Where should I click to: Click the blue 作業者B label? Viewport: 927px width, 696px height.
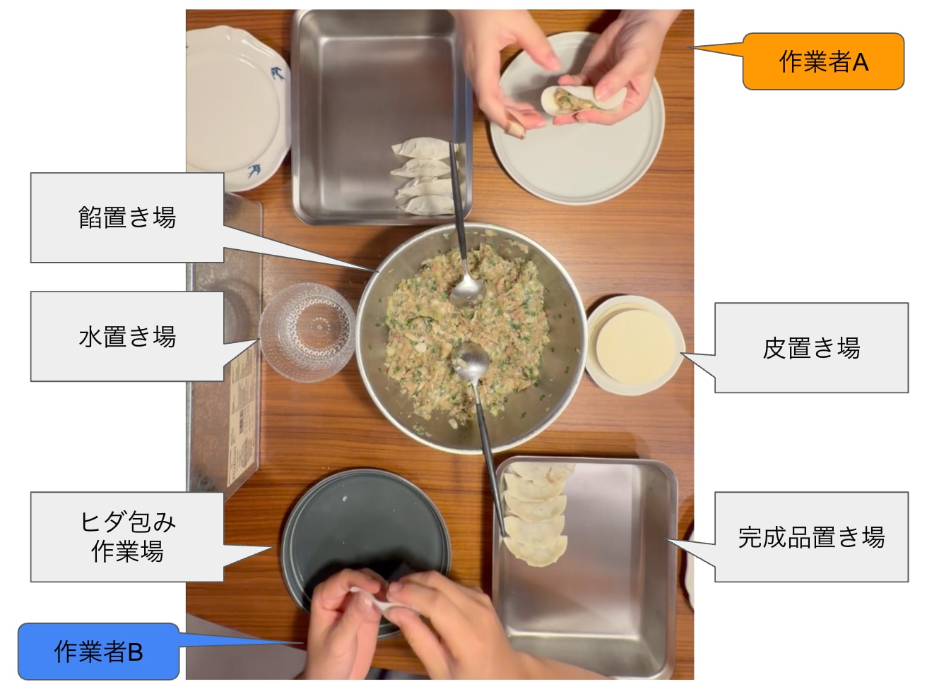(x=98, y=652)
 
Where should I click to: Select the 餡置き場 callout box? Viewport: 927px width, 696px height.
(x=127, y=217)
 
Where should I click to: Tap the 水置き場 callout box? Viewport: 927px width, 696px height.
(x=127, y=336)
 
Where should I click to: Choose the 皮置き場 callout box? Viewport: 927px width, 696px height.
(x=811, y=347)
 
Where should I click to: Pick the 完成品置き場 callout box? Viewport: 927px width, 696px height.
(x=811, y=536)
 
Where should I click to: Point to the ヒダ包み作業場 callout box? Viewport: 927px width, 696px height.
(x=127, y=536)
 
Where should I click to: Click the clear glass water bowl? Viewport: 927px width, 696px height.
(x=307, y=332)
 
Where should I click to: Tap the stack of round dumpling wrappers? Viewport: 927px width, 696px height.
(x=634, y=345)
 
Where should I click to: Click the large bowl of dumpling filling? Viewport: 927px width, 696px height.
(x=471, y=337)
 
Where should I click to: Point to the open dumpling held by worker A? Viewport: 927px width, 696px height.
(x=583, y=100)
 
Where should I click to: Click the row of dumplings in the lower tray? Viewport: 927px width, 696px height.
(x=536, y=514)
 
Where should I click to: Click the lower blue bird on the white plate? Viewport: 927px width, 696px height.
(x=254, y=171)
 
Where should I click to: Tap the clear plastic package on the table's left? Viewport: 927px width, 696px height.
(x=224, y=346)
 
